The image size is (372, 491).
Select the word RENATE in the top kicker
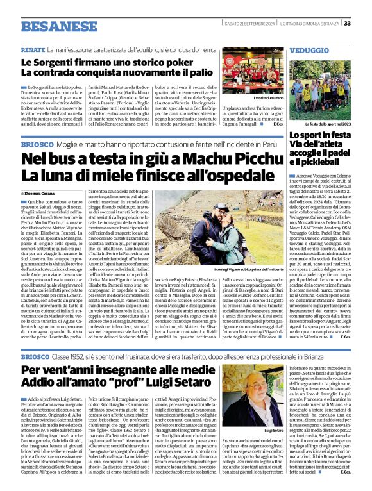point(33,49)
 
